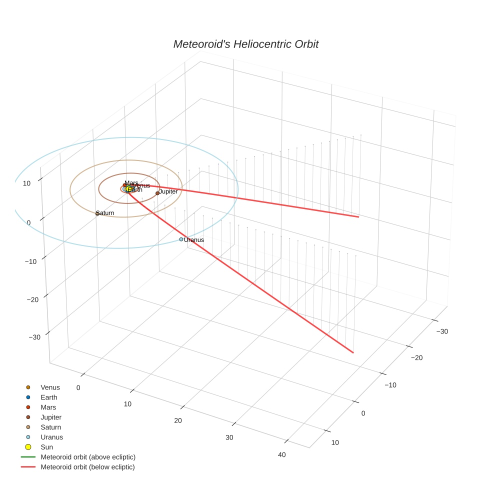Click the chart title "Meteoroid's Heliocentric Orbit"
[245, 44]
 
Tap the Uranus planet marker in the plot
[181, 239]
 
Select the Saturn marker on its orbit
[97, 213]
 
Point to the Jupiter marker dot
[157, 193]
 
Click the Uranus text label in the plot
[194, 240]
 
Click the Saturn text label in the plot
[106, 213]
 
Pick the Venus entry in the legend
[50, 387]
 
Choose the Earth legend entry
[49, 397]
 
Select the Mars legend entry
[48, 407]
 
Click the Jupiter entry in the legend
[51, 417]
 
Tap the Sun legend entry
[46, 447]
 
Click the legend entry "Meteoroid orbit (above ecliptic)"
[88, 457]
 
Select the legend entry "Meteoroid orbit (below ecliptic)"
[87, 467]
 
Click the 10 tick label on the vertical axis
[26, 183]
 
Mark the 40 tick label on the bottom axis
[282, 455]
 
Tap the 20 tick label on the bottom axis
[178, 420]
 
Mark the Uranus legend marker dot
[28, 437]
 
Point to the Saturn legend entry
[50, 427]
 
